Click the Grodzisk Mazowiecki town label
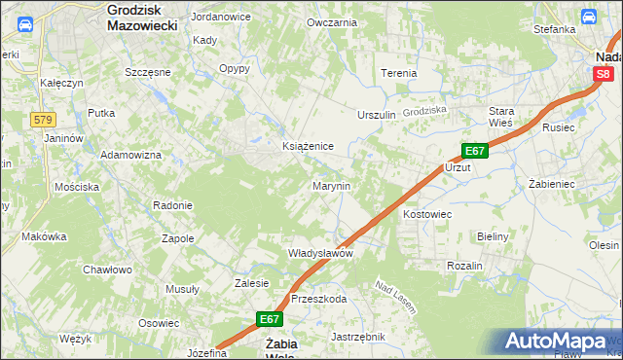click(142, 18)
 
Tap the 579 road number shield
click(42, 119)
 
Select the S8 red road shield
click(605, 74)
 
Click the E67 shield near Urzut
click(474, 151)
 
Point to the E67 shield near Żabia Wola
click(271, 318)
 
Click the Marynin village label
click(331, 185)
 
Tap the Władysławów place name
click(319, 253)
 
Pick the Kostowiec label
click(427, 212)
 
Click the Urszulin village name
click(378, 115)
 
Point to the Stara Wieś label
click(501, 117)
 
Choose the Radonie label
click(172, 205)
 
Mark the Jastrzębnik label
click(358, 337)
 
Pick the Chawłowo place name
click(107, 270)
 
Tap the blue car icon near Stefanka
click(588, 16)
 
